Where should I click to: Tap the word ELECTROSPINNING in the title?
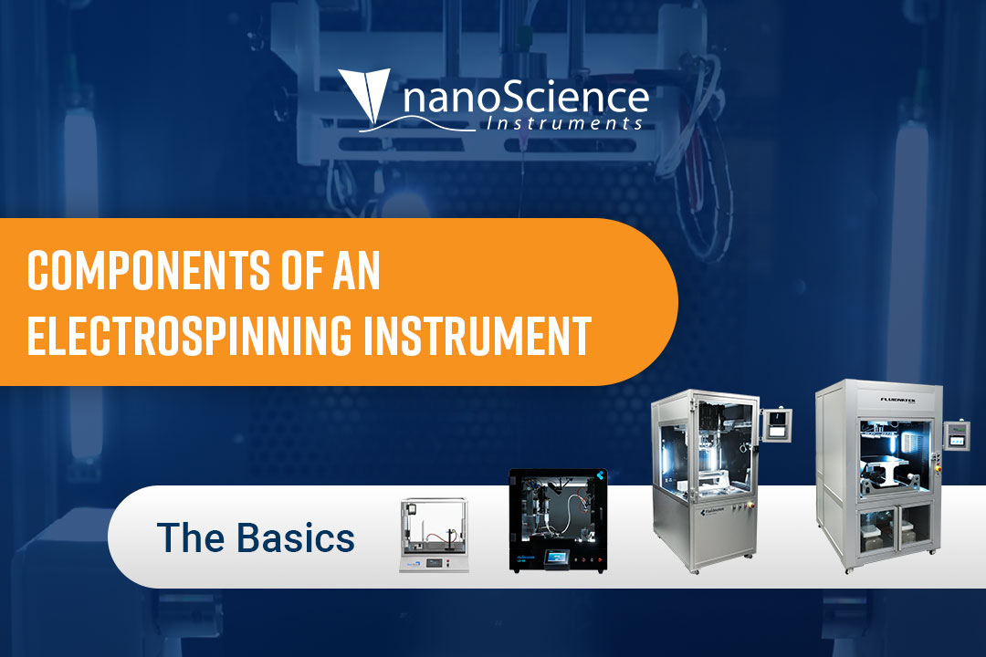point(189,336)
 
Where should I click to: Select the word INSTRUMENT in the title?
point(477,336)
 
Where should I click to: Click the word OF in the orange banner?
point(303,270)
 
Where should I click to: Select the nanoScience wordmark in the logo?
point(526,98)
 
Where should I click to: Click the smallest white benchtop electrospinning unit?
point(434,535)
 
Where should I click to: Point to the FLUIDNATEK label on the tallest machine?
point(898,400)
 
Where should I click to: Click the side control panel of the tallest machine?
point(955,436)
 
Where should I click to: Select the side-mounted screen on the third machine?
point(777,424)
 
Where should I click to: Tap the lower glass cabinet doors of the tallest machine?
point(894,529)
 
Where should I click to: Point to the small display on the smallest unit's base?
point(435,562)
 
